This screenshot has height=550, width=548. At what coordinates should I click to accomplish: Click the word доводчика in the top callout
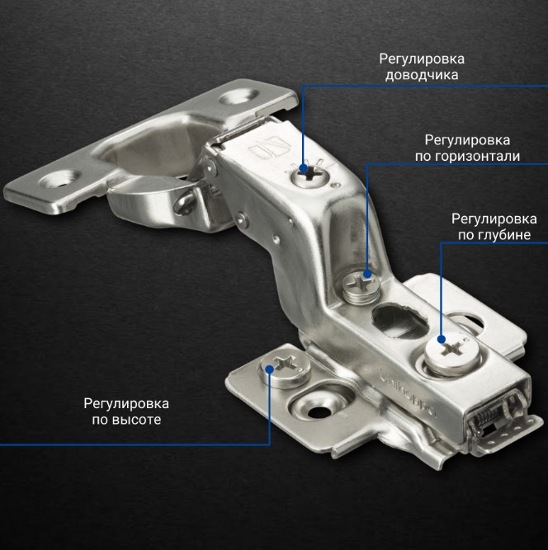click(422, 75)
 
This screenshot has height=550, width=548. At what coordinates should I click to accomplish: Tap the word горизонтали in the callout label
click(478, 156)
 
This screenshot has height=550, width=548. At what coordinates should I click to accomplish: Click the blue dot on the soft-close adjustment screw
click(304, 169)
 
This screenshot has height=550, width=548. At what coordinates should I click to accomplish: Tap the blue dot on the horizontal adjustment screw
click(367, 274)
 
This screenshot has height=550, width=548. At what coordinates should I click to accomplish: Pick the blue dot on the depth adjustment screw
click(442, 339)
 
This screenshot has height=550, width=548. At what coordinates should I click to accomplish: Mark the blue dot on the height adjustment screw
click(269, 369)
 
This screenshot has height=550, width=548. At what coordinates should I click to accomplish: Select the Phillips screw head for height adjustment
click(285, 369)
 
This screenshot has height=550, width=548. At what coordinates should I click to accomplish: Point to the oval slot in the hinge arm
click(400, 322)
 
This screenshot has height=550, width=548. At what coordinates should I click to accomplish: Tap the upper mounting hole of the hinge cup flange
click(240, 96)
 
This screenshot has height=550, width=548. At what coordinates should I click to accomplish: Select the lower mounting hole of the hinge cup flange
click(59, 178)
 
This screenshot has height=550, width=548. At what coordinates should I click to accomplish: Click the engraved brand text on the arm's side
click(408, 393)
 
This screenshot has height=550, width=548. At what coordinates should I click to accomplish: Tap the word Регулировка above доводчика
click(422, 59)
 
